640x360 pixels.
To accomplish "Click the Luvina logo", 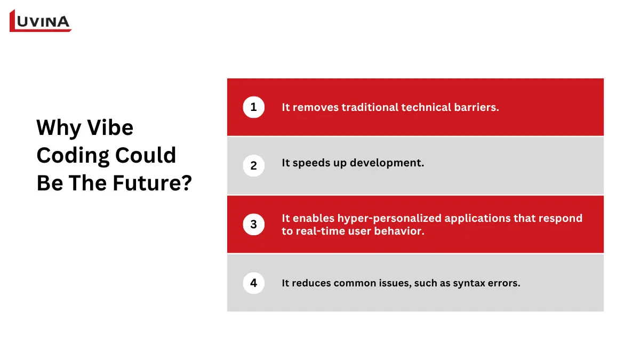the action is tap(41, 21).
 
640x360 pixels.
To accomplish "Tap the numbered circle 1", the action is tap(254, 107).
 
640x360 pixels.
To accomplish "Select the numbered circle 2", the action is tap(254, 166).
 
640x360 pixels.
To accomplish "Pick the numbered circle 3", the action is tap(254, 225).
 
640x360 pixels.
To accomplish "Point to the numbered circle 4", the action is tap(254, 283).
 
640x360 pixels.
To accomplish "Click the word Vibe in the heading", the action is tap(110, 127).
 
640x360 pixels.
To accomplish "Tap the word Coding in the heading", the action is tap(73, 156).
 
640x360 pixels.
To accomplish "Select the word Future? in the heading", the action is tap(153, 183).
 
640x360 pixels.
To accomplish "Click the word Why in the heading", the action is tap(59, 128).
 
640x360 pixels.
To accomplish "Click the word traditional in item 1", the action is tap(370, 107).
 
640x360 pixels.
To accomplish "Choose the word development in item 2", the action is tap(387, 163).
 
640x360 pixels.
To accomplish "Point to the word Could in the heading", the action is tap(146, 155).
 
